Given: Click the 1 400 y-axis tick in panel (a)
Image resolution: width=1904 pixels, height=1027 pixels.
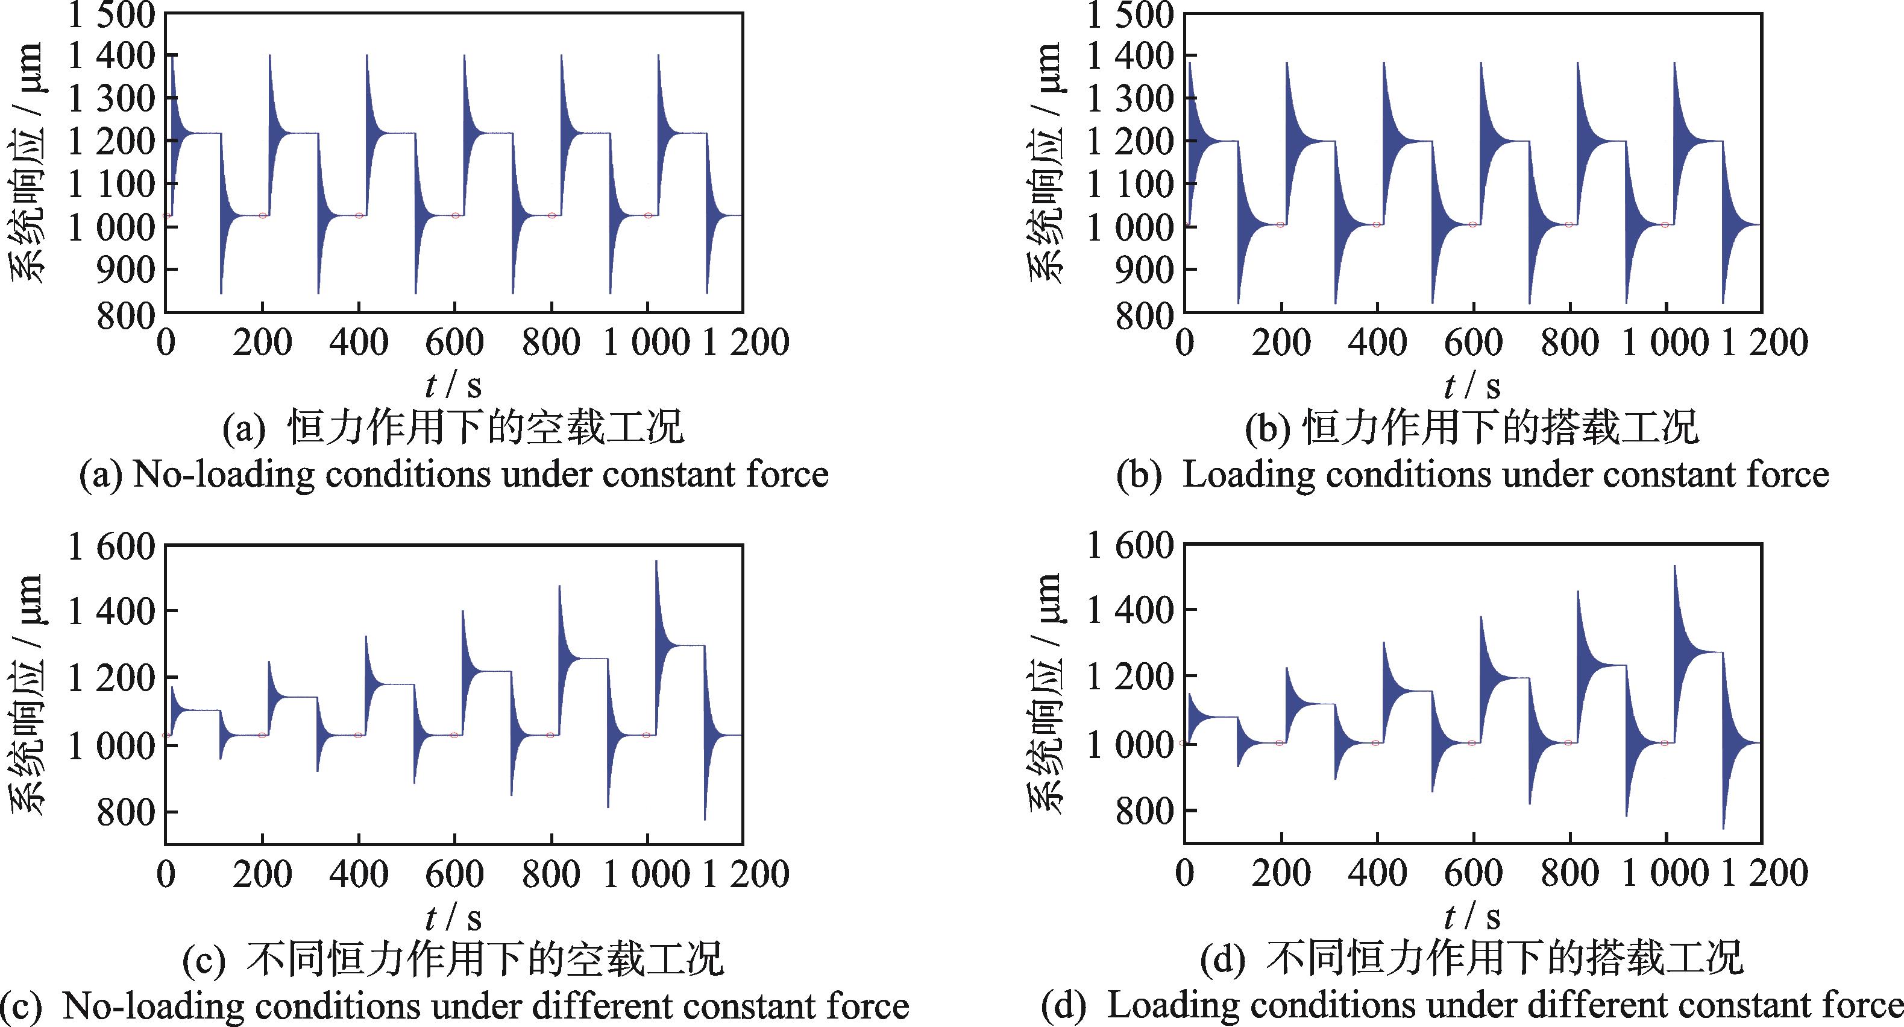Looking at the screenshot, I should tap(111, 56).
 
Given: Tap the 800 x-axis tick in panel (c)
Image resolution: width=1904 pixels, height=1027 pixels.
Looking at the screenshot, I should tap(551, 874).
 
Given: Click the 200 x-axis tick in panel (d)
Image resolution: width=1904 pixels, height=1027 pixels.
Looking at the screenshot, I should tap(1281, 874).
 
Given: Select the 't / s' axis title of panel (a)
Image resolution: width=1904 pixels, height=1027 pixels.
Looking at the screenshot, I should tap(453, 385).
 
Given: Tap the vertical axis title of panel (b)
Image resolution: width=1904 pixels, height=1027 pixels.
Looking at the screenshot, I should tap(1045, 163).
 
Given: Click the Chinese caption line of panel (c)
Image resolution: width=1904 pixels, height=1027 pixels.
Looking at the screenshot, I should tap(453, 959).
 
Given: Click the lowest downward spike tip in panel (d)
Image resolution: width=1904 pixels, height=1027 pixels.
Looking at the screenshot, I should tap(1724, 828).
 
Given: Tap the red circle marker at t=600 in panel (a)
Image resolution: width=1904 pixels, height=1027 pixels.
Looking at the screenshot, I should tap(455, 216).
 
